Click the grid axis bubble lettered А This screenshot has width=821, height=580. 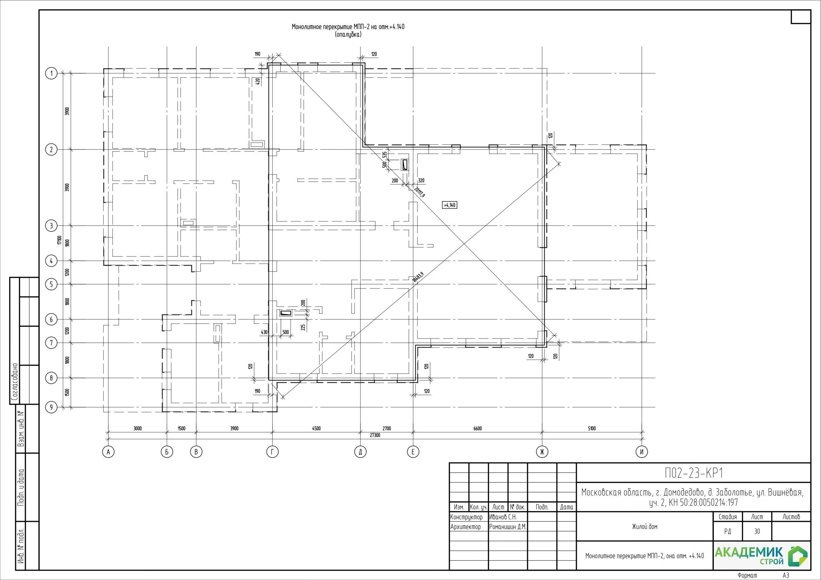coord(108,452)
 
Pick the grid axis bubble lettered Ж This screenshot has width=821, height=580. coord(542,452)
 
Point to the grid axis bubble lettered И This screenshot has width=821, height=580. coord(642,452)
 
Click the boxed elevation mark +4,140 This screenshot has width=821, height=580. coord(450,205)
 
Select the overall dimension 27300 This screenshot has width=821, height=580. coord(375,435)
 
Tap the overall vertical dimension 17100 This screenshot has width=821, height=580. coord(59,240)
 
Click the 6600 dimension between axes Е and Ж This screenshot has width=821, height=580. coord(478,428)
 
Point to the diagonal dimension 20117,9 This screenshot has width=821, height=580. coord(419,192)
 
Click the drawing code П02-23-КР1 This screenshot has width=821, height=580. coord(694,473)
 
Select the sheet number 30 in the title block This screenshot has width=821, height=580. coord(757,531)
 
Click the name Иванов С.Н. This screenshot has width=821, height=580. coord(503,517)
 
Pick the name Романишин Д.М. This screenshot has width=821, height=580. coord(508,527)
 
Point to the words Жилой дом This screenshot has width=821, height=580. coord(645,526)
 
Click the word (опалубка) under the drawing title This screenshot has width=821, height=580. coord(348,35)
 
